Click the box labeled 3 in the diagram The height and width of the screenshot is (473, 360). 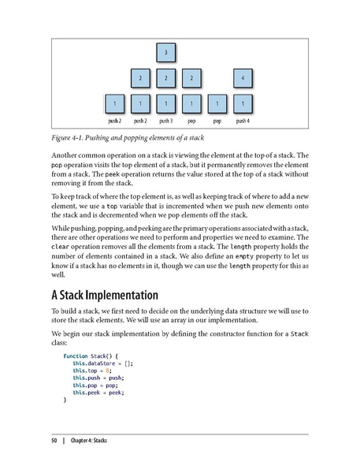(x=165, y=52)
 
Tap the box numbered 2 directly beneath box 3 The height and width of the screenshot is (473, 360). (x=165, y=78)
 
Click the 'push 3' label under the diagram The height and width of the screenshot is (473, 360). (x=165, y=122)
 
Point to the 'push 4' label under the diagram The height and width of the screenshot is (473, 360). (x=243, y=122)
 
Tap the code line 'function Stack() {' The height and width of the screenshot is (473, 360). (x=90, y=356)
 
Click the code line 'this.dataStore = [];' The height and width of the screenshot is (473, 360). (x=103, y=364)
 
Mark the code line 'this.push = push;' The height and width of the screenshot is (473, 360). (x=98, y=378)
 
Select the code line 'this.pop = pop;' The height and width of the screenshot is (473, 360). (x=95, y=385)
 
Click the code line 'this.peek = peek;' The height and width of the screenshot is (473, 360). (x=98, y=393)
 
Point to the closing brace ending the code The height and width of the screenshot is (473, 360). (x=65, y=400)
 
